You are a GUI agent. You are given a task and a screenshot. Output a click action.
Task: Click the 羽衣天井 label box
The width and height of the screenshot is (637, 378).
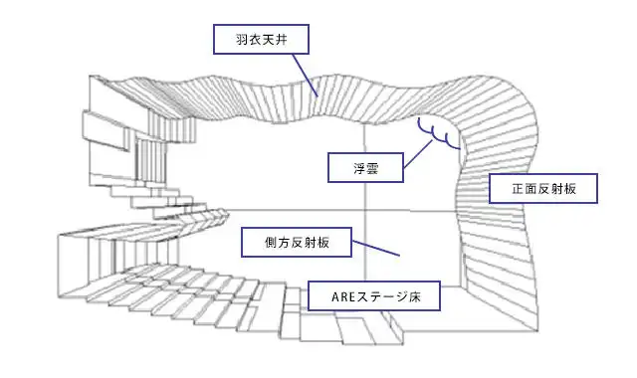click(x=259, y=41)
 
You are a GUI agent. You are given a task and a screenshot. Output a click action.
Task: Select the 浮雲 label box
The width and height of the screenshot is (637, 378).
click(x=365, y=167)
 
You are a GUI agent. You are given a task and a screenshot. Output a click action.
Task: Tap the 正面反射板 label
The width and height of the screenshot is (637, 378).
click(x=542, y=188)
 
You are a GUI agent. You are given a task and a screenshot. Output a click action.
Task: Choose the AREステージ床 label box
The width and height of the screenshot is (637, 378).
click(x=372, y=295)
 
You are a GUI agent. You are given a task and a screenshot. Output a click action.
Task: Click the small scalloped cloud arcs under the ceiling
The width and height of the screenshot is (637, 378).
click(x=438, y=131)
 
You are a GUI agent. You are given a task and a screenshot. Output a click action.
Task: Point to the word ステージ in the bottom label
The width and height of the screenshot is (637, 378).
click(x=381, y=295)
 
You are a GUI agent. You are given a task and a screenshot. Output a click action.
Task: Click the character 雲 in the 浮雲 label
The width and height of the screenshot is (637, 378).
click(x=374, y=167)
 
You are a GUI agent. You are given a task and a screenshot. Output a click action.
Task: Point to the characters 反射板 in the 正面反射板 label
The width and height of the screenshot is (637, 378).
click(x=556, y=188)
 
